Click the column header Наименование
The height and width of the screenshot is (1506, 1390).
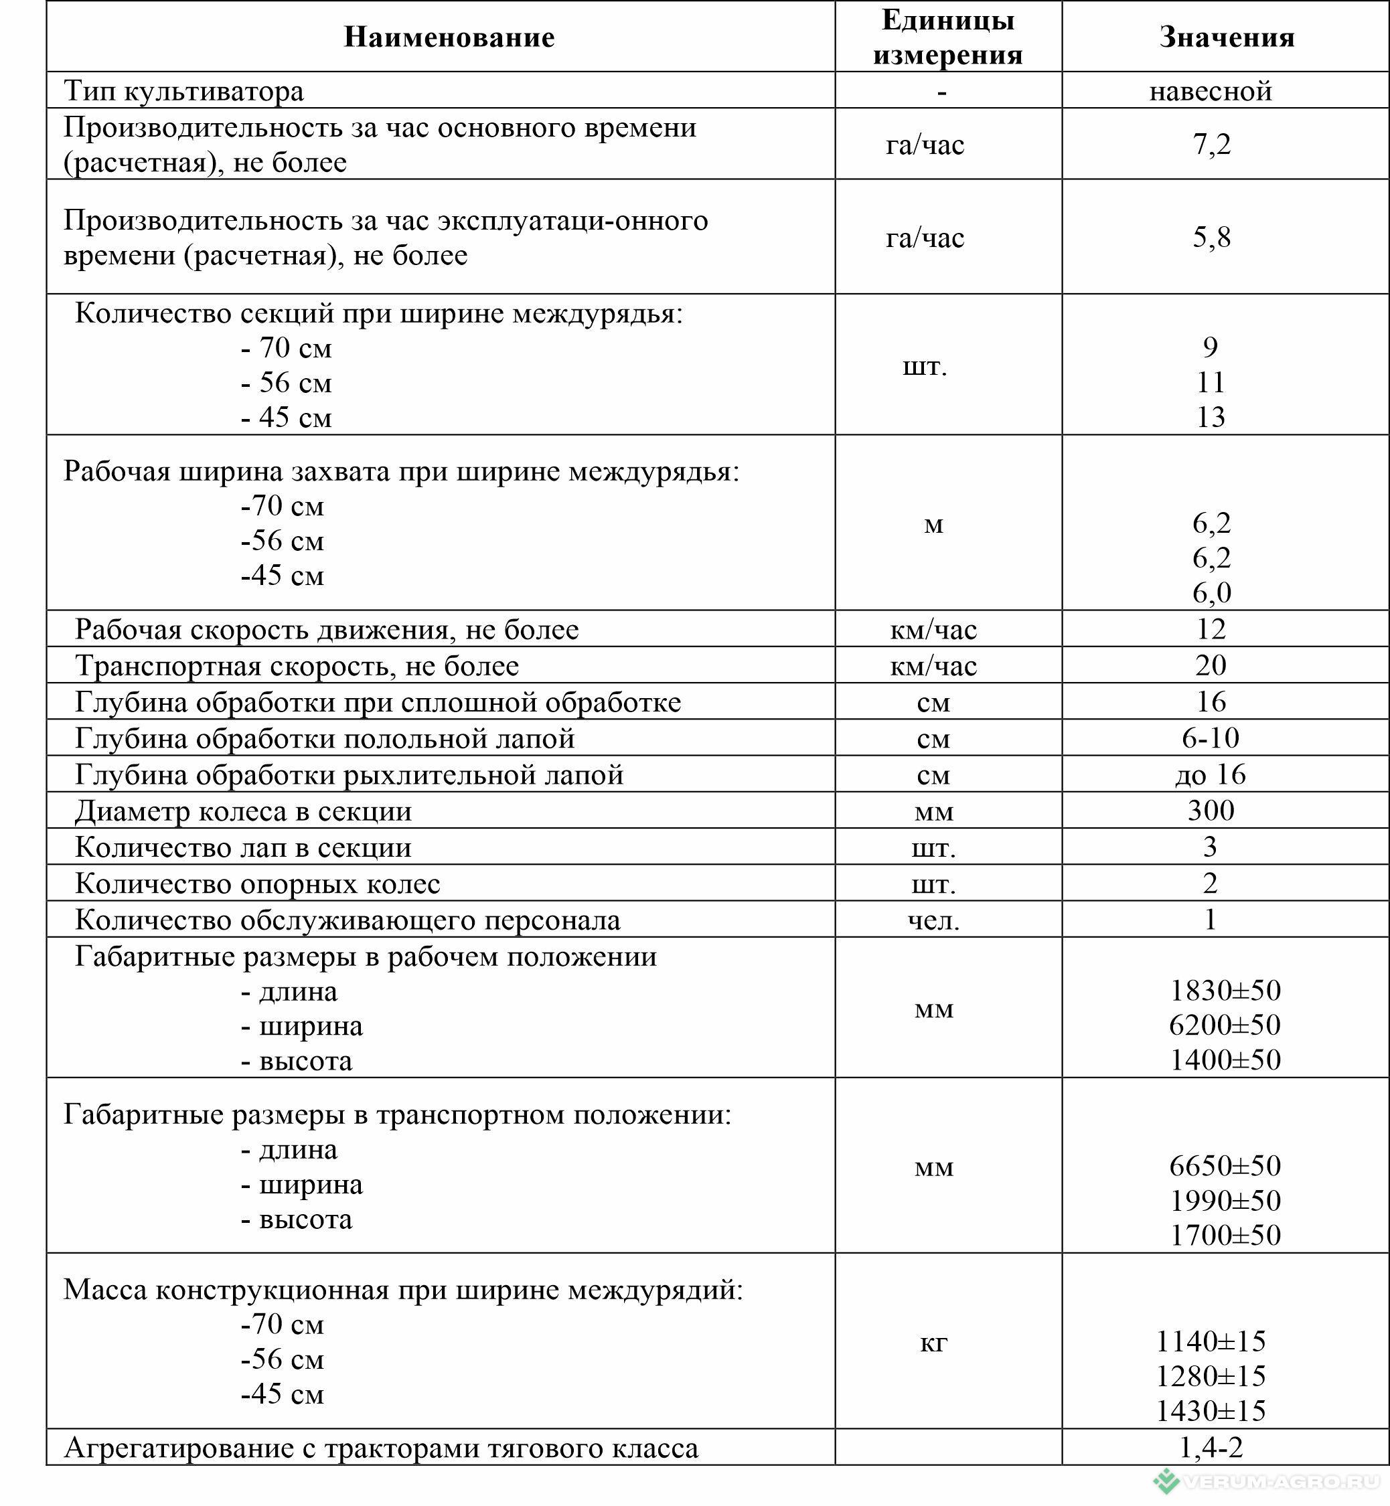449,37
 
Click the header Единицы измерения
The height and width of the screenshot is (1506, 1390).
947,37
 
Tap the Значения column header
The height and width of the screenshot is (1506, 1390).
1226,37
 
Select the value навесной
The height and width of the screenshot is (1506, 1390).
1211,91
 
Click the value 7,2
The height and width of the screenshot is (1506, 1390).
1211,144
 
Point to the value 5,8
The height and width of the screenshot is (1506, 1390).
1211,237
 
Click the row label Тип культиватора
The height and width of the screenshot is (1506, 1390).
184,91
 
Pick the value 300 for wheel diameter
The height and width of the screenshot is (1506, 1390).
1211,811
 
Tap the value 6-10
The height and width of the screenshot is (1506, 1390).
1211,738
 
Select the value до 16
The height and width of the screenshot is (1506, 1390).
1211,774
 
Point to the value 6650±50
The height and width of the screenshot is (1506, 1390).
1225,1165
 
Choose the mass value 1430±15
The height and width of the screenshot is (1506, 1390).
1211,1410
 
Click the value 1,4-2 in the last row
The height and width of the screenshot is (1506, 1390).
1211,1446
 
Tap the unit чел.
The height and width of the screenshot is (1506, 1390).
933,920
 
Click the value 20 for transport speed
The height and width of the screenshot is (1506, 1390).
1211,665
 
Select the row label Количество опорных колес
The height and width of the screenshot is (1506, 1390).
257,884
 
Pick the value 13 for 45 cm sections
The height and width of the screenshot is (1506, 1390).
1211,416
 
